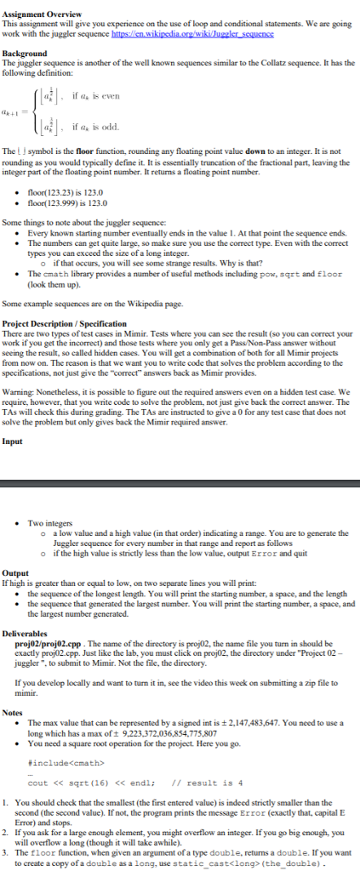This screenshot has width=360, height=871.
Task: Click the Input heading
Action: (12, 441)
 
